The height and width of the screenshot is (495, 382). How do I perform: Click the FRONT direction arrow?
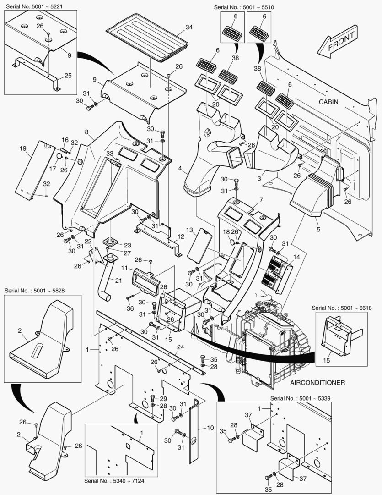coord(337,42)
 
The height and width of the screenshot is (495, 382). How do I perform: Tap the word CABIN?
coord(328,102)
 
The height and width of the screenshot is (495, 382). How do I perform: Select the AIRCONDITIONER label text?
coord(317,383)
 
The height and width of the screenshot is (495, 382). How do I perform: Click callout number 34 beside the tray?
coord(189,27)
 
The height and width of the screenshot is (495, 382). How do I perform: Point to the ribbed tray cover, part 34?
coord(147,37)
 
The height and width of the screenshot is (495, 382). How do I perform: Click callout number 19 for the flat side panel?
coord(23,148)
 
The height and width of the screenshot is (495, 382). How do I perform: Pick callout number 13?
coord(189,230)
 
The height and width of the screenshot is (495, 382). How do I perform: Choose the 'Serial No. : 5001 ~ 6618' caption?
coord(342,308)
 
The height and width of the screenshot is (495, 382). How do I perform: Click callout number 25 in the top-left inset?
coord(68,76)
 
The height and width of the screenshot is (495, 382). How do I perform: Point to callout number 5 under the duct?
coord(318,230)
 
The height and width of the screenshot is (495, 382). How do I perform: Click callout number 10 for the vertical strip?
coord(210,428)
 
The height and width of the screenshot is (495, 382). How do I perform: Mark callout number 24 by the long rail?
coord(180,347)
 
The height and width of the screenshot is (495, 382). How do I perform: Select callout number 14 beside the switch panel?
coord(296,257)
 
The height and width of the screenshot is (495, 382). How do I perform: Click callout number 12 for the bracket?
coord(181,236)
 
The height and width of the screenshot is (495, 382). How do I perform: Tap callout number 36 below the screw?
coord(130,308)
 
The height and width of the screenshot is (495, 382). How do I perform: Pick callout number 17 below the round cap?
coord(53,169)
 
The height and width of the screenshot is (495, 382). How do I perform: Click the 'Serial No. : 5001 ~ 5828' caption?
coord(35,291)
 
